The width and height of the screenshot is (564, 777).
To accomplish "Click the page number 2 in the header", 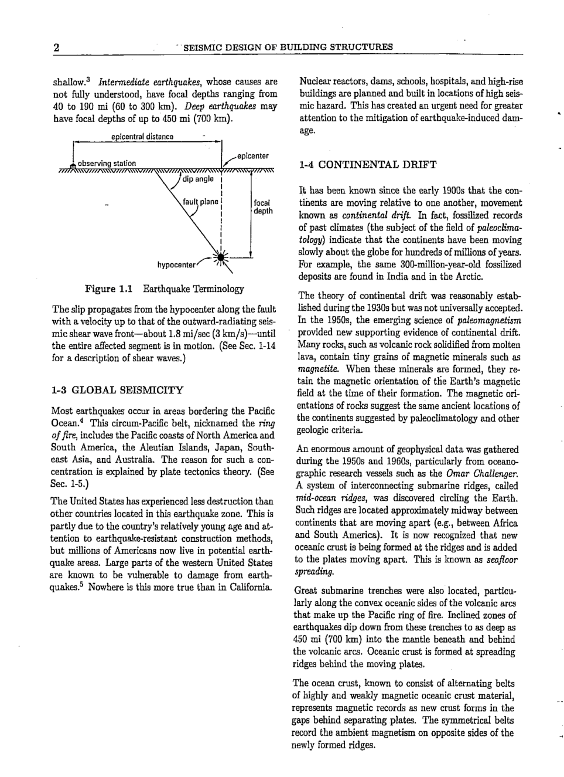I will (56, 47).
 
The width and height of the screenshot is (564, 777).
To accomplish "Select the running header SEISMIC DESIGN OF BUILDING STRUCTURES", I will (288, 47).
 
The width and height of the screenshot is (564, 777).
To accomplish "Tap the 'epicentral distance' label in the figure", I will (142, 137).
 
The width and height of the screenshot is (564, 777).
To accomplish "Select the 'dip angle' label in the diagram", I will (198, 179).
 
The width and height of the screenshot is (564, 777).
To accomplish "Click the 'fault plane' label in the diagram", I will (200, 202).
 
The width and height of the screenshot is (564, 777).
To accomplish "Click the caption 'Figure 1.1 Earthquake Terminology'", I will (165, 289).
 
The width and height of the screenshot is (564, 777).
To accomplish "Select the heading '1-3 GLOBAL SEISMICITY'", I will (117, 390).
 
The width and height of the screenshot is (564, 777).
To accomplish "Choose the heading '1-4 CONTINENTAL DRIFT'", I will (367, 165).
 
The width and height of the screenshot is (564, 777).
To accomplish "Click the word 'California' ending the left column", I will (250, 587).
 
